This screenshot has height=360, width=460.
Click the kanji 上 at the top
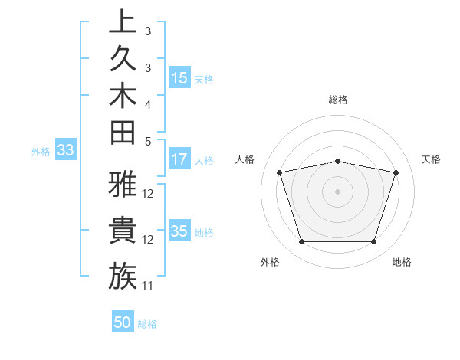tap(123, 22)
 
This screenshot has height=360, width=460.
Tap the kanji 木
tap(123, 95)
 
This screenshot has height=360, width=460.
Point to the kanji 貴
tap(123, 231)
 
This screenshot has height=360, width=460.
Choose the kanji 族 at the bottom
tap(123, 277)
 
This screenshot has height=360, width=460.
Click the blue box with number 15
tap(179, 78)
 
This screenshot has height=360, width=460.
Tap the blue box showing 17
tap(179, 160)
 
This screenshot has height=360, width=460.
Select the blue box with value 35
tap(179, 232)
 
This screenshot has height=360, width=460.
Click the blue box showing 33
tap(65, 151)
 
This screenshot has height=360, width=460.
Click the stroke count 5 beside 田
tap(147, 141)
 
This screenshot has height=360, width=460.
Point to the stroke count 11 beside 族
tap(148, 286)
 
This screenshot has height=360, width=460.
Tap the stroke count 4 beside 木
tap(147, 104)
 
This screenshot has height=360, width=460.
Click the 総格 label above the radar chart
tap(338, 100)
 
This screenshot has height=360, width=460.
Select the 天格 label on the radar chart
tap(432, 159)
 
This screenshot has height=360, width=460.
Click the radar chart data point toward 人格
tap(280, 173)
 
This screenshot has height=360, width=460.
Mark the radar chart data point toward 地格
tap(373, 242)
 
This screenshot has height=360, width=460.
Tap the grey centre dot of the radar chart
tap(338, 191)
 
